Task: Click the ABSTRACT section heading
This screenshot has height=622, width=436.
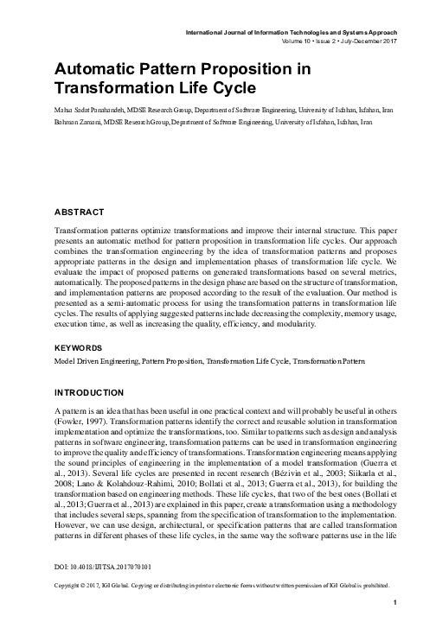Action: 80,187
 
